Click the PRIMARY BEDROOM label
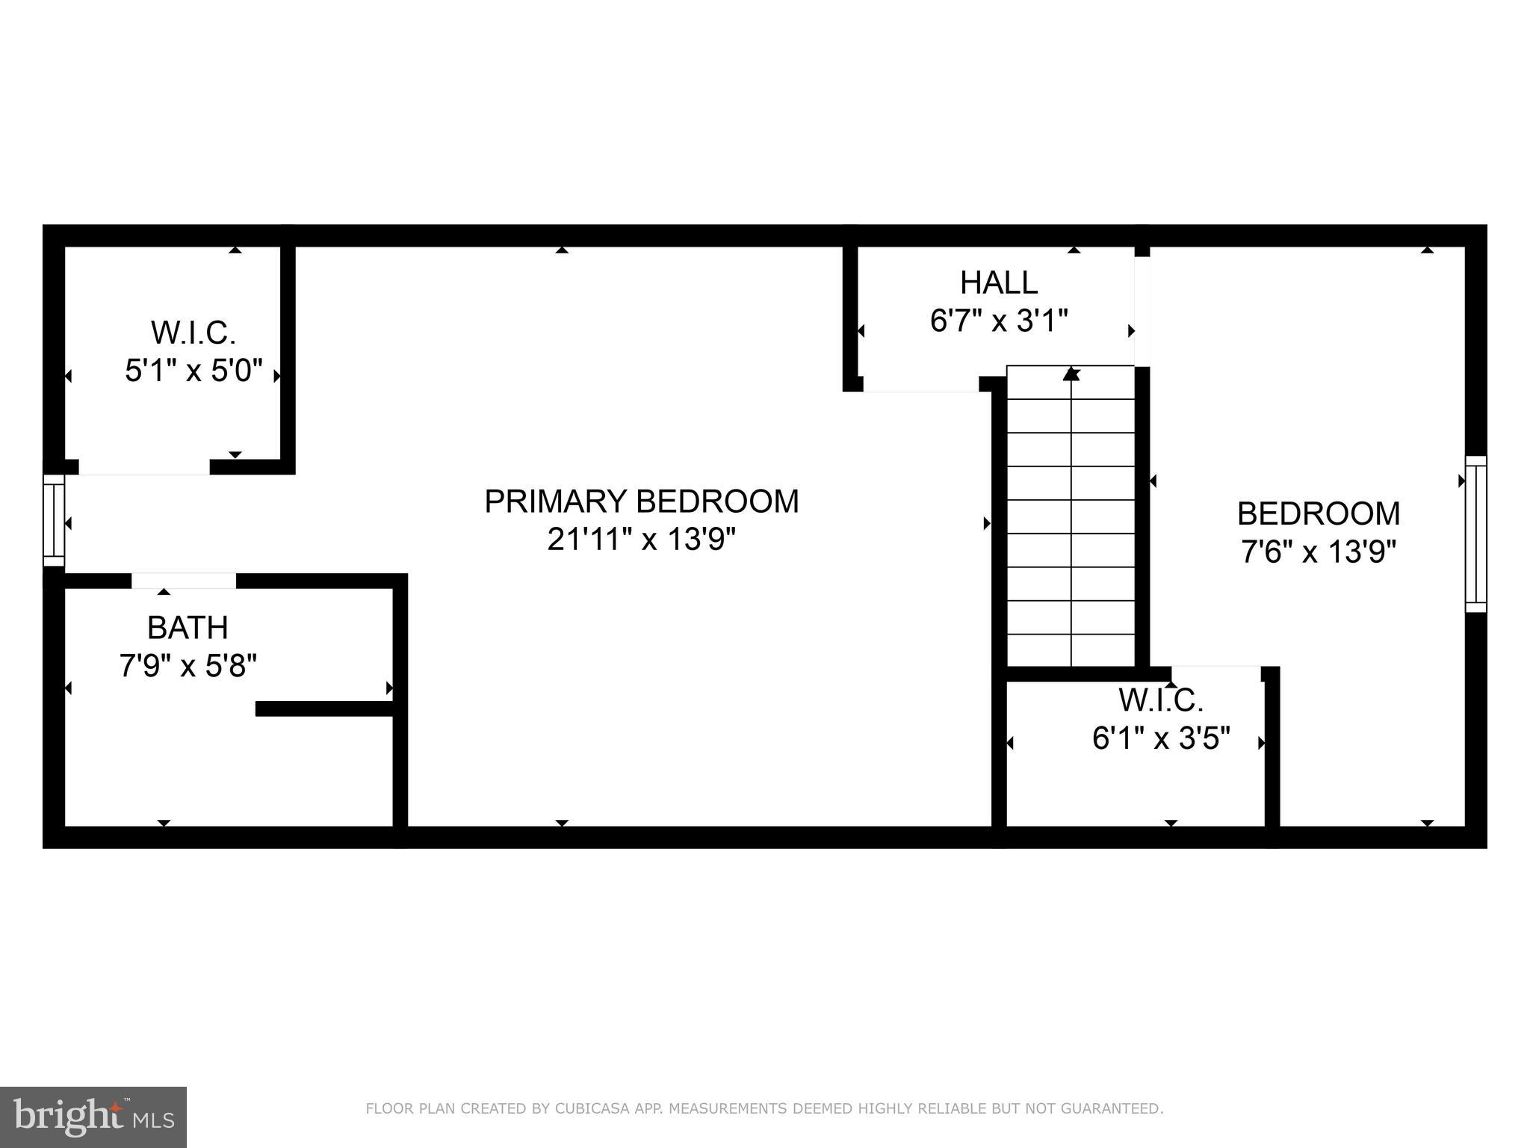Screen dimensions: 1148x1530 [641, 502]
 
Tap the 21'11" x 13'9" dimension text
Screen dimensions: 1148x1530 [641, 539]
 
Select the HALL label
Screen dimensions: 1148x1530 [999, 283]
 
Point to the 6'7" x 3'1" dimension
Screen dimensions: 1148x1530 [999, 321]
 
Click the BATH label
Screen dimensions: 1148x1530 [188, 628]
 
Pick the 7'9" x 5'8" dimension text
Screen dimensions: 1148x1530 [188, 665]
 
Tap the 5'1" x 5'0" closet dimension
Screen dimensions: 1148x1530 [193, 370]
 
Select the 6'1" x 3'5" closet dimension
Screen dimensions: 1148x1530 [1161, 738]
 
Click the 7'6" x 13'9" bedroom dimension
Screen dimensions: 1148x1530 [1319, 552]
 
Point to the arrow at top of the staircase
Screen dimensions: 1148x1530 [1071, 373]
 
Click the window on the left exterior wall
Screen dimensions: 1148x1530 [54, 520]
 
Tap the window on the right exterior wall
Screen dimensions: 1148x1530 [1475, 534]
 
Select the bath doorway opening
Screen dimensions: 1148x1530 [184, 581]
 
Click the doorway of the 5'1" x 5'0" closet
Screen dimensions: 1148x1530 [144, 467]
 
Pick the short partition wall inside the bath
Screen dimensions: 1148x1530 [324, 709]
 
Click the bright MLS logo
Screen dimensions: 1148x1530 [93, 1117]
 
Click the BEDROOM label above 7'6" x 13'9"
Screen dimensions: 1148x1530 [1319, 513]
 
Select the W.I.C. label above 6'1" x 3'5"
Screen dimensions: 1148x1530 [1161, 700]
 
